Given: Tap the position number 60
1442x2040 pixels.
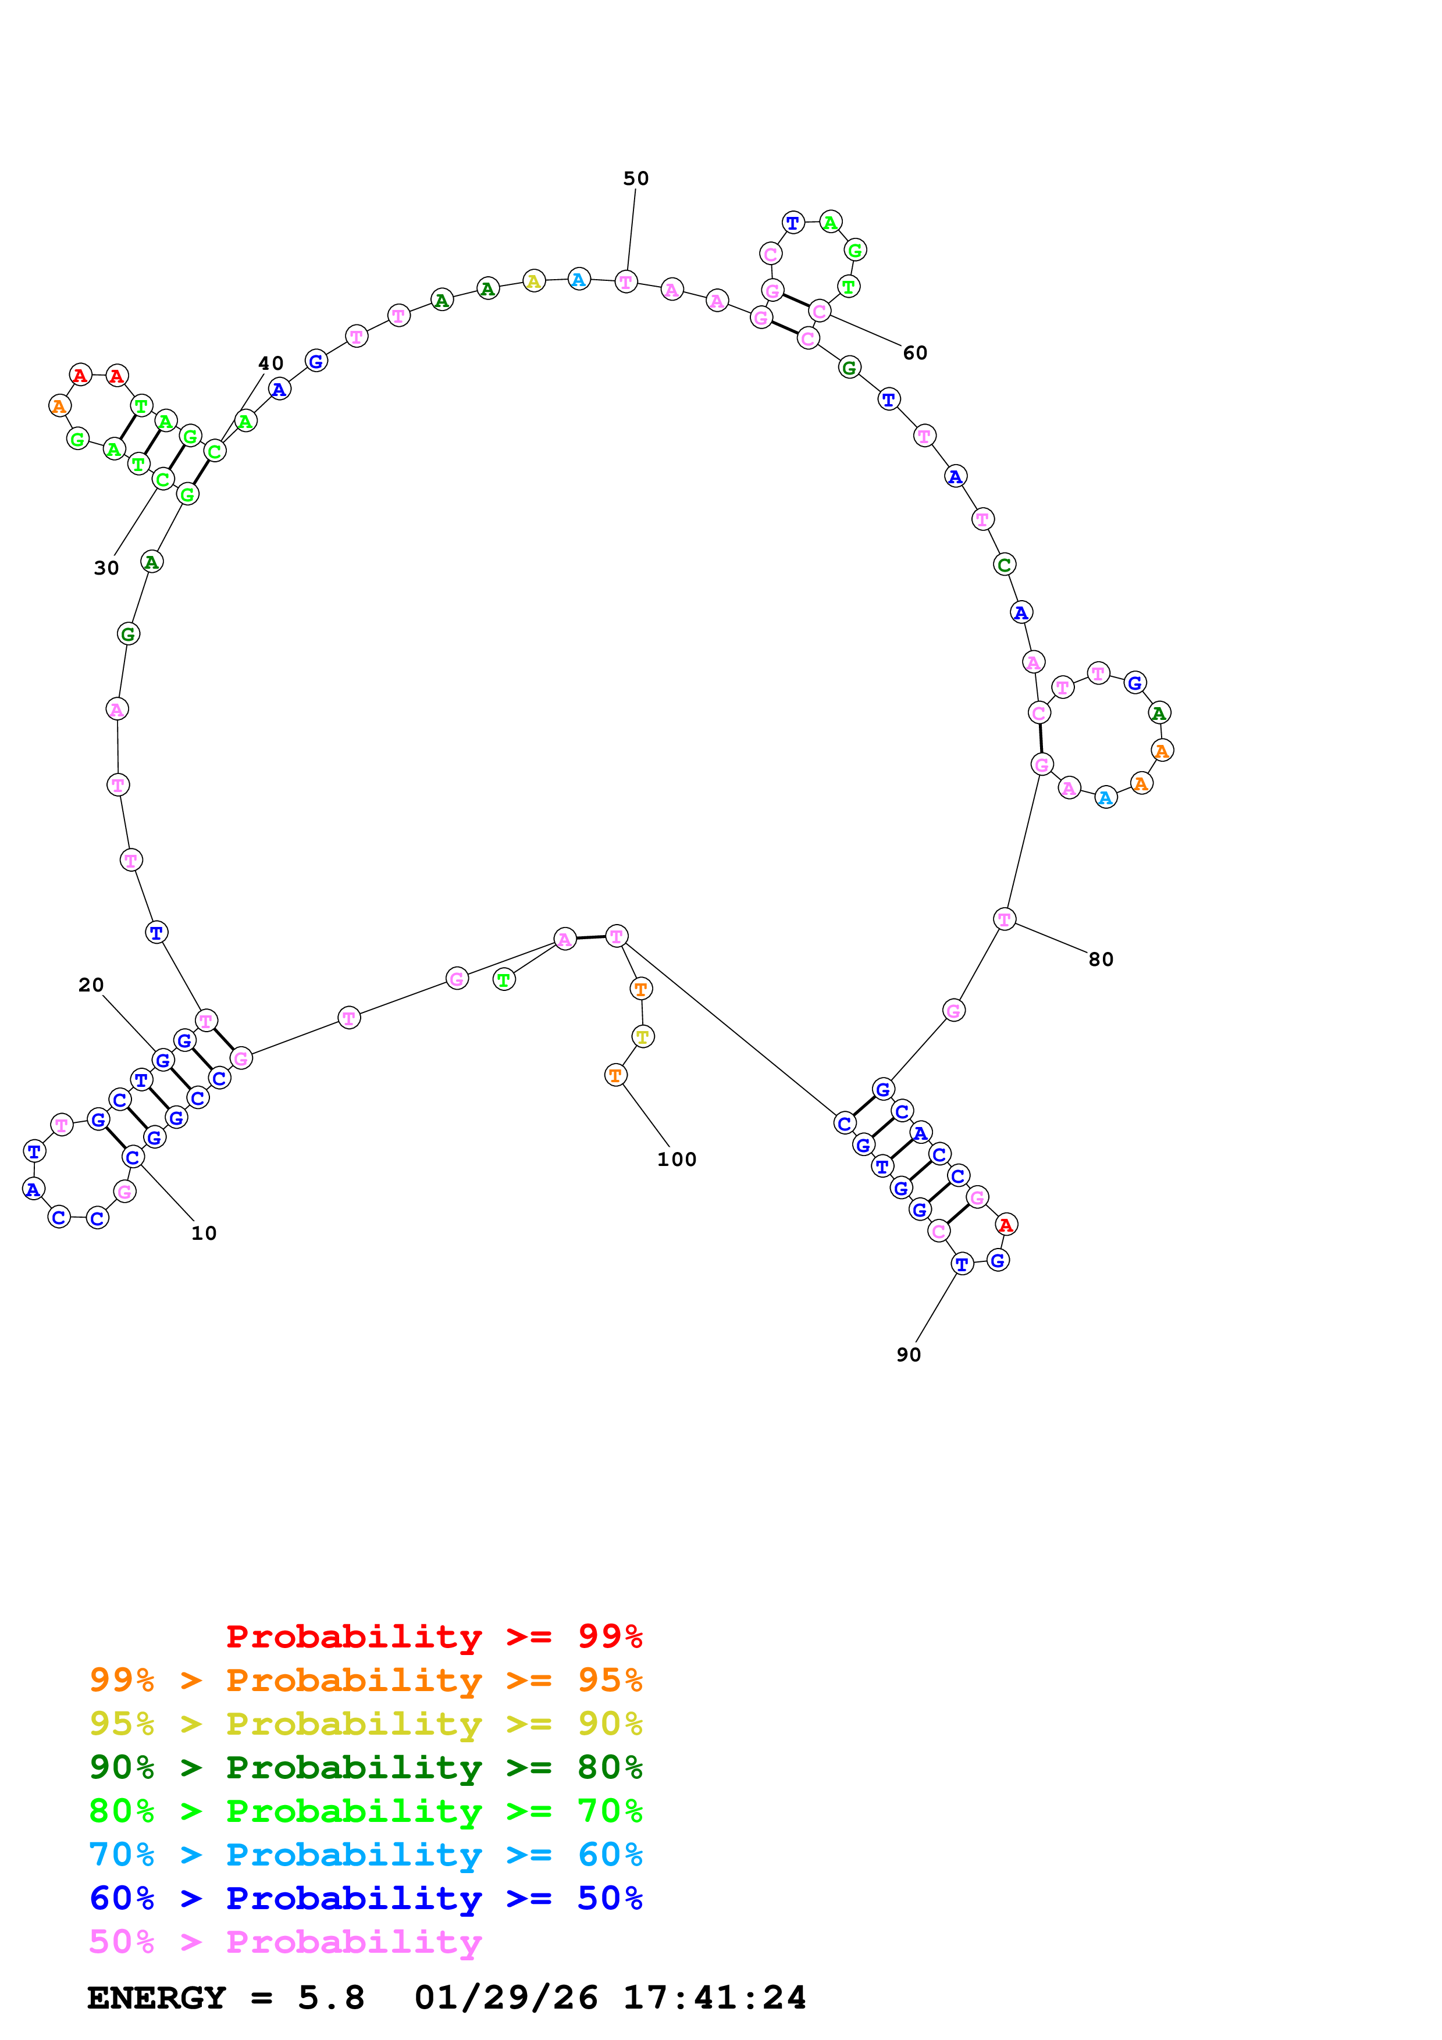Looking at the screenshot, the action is (914, 353).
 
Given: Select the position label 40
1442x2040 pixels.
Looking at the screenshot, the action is (271, 363).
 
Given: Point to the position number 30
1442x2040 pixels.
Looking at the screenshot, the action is (106, 568).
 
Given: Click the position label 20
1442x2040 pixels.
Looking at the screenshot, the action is (91, 985).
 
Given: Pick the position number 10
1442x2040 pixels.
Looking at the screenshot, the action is (204, 1233).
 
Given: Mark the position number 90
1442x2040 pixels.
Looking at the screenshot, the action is (908, 1355).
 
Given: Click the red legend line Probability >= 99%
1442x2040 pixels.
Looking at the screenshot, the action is (433, 1636).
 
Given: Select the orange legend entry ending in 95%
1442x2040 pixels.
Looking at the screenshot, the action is (365, 1680).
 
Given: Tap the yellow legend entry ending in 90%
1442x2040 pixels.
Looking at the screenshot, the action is (365, 1724).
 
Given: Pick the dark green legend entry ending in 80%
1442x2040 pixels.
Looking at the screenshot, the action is (365, 1767).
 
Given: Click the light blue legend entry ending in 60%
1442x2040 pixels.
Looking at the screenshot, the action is (365, 1854).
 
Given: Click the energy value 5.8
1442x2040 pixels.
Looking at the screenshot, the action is (330, 1998).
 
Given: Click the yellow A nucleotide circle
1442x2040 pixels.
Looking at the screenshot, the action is (533, 281).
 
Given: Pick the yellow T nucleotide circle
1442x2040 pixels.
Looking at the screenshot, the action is (642, 1036).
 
